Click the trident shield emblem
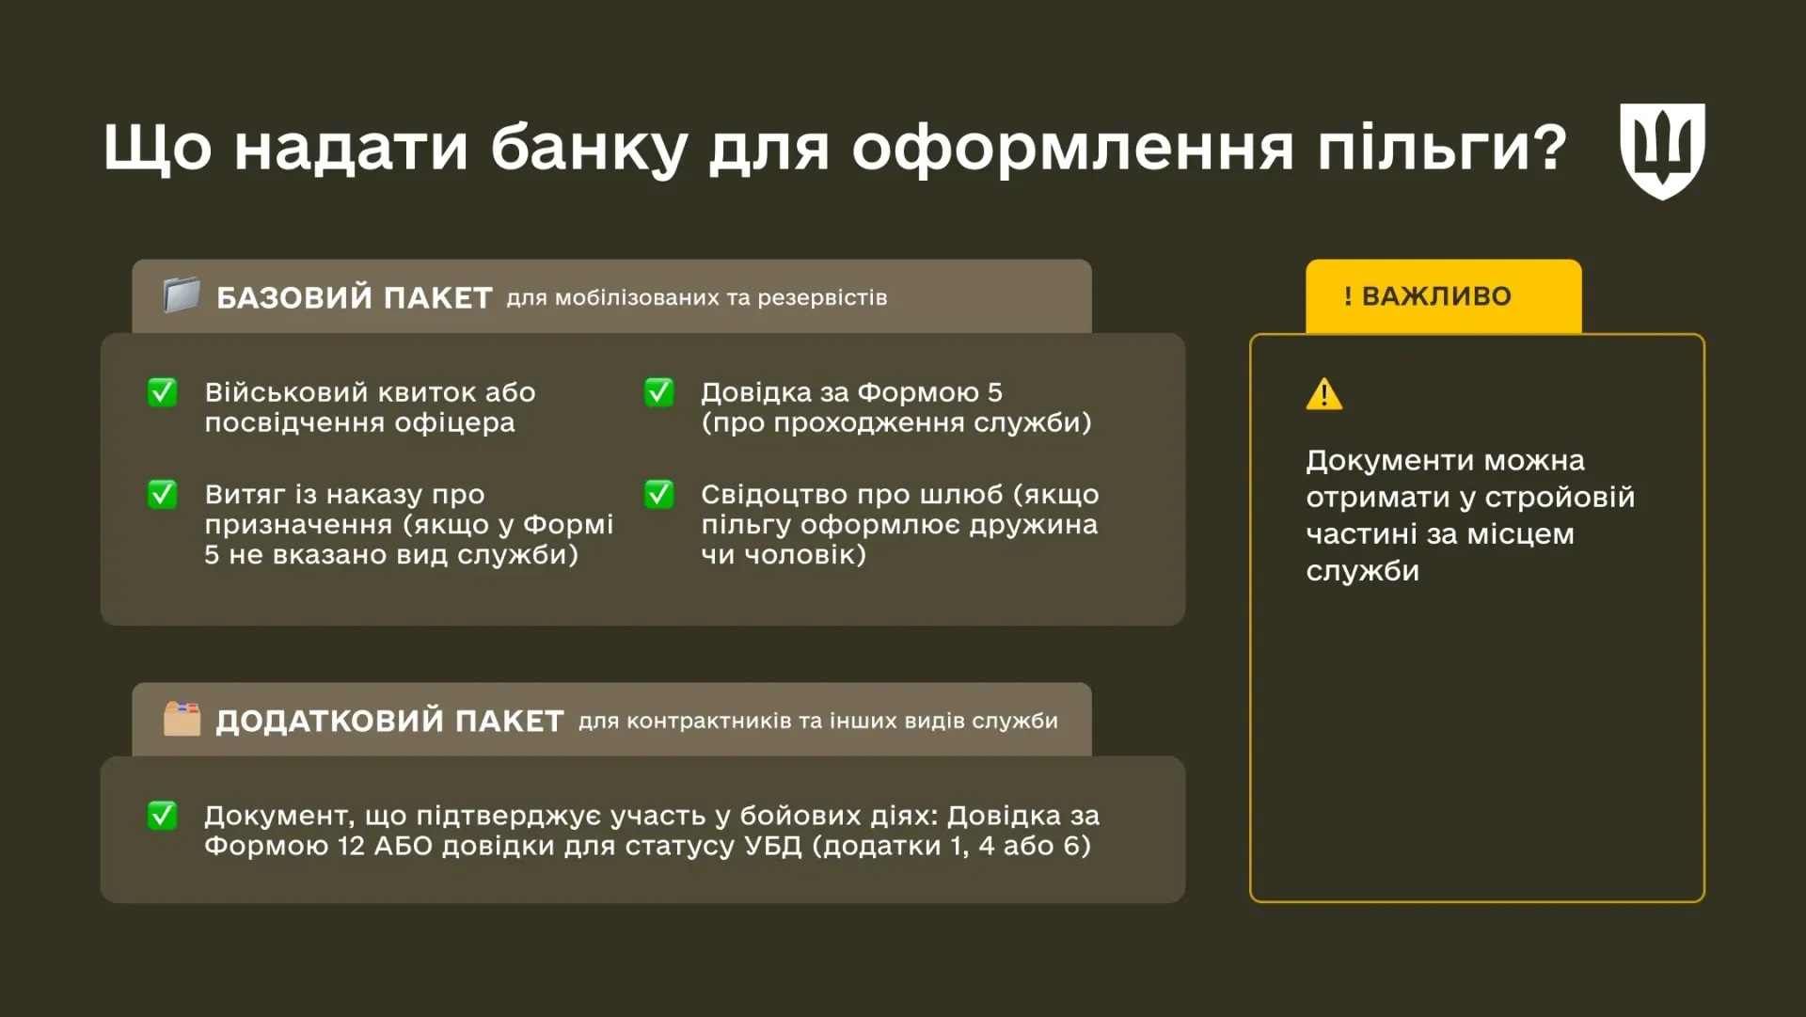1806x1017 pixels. click(x=1662, y=151)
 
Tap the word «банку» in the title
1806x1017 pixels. click(x=588, y=148)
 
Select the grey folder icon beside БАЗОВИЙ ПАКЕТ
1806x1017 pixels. click(x=182, y=295)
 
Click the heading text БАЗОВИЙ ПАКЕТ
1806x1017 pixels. click(x=354, y=298)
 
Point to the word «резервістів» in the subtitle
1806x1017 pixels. click(x=822, y=298)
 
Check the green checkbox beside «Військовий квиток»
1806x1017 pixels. click(x=163, y=392)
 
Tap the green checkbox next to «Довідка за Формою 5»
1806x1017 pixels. click(x=659, y=392)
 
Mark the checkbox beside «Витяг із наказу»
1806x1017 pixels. click(x=163, y=494)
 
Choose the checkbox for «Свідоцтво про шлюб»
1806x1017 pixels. click(x=659, y=494)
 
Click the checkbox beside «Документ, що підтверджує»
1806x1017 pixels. click(x=163, y=816)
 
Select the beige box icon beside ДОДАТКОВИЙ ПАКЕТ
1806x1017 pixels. click(x=182, y=719)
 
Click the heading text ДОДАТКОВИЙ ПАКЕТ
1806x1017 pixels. click(x=389, y=722)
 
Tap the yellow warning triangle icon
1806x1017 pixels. click(x=1324, y=394)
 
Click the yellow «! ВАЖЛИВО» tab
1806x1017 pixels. click(x=1443, y=296)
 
